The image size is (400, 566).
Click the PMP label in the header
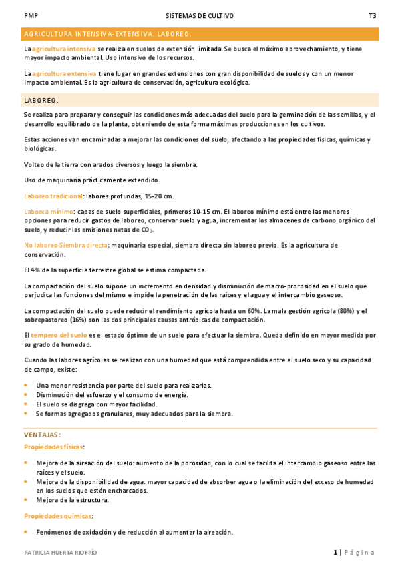click(30, 15)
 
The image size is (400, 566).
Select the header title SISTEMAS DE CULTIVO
click(200, 15)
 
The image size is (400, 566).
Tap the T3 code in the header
click(373, 15)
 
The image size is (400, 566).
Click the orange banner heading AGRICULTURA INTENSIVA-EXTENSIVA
click(108, 33)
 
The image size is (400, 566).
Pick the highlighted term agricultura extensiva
click(64, 73)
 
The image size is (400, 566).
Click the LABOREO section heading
click(41, 100)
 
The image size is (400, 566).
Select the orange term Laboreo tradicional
click(53, 196)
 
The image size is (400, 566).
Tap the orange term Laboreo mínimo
click(48, 211)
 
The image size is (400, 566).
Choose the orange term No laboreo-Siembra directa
click(65, 245)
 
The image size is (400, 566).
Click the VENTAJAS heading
click(43, 435)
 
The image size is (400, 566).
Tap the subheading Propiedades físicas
click(54, 446)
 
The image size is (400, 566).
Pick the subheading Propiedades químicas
click(58, 516)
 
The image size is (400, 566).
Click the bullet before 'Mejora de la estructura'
click(26, 500)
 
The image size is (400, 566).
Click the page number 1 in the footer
click(335, 552)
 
